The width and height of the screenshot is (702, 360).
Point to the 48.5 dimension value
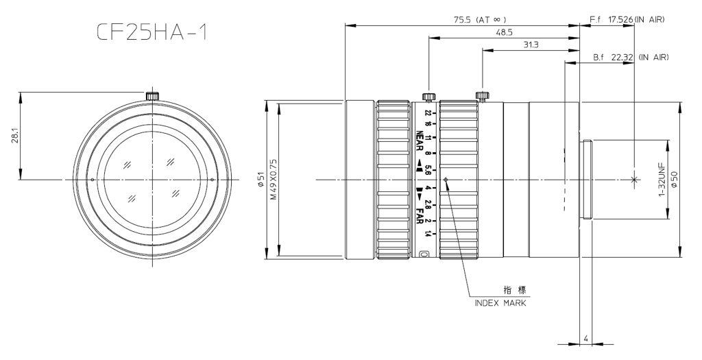click(503, 32)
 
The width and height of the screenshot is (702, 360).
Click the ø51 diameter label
click(261, 179)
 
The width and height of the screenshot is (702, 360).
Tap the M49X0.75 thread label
click(273, 180)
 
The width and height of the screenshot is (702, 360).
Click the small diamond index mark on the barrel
click(446, 180)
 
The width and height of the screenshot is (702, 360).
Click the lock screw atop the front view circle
click(152, 95)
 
